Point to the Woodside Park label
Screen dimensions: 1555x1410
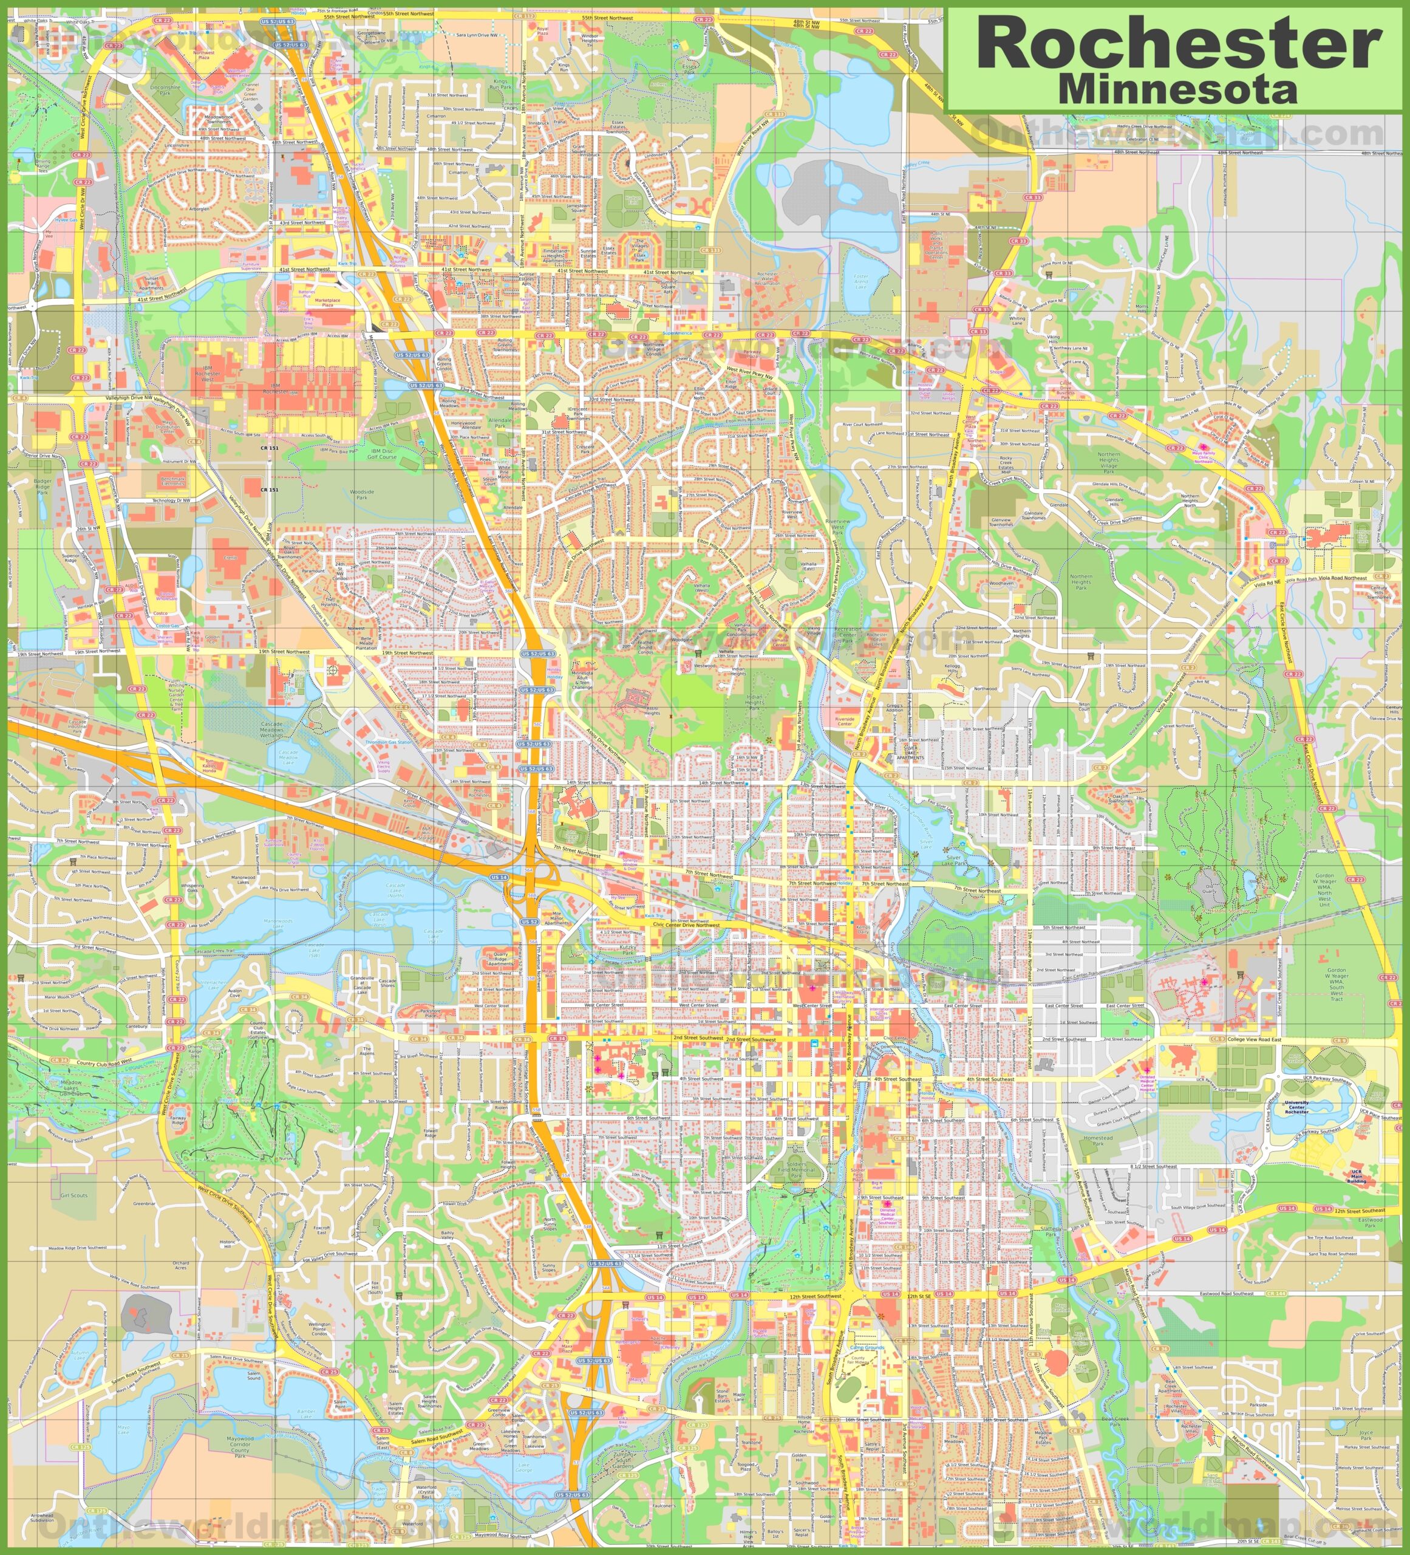tap(361, 494)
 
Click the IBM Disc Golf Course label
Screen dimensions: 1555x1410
tap(381, 454)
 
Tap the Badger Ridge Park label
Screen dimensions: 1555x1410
tap(43, 486)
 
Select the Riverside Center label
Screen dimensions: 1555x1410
tap(845, 721)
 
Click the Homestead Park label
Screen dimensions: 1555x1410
tap(1098, 1140)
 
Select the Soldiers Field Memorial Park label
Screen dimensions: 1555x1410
tap(796, 1167)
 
